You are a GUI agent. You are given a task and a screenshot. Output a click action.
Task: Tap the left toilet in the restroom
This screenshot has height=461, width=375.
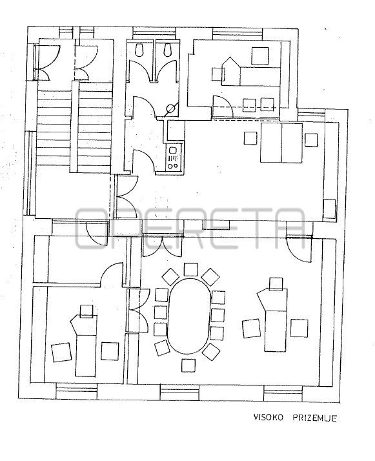(x=139, y=50)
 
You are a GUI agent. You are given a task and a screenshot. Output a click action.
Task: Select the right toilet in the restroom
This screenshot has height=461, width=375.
(x=168, y=50)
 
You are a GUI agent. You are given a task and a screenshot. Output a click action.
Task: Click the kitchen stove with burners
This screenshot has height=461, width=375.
(x=173, y=159)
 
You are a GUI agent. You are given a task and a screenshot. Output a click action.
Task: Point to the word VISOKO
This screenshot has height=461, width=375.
(x=269, y=417)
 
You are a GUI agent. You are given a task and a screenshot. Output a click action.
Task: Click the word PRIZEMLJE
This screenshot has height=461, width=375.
(x=314, y=418)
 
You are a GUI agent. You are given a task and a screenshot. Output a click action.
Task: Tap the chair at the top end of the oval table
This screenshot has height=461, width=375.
(x=190, y=270)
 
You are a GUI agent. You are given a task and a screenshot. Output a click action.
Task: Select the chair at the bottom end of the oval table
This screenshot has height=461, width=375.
(x=188, y=365)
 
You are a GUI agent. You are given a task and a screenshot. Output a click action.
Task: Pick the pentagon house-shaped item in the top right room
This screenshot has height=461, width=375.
(x=230, y=72)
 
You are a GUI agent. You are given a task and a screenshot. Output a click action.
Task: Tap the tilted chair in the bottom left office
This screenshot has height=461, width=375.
(x=61, y=353)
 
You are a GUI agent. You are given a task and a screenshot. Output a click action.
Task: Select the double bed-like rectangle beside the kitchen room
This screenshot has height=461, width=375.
(x=281, y=143)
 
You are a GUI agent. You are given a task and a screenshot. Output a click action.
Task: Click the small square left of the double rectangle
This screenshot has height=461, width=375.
(x=250, y=138)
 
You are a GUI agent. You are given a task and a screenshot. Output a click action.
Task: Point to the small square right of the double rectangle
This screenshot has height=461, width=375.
(x=311, y=140)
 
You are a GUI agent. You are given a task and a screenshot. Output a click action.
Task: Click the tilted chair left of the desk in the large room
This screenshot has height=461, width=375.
(x=251, y=329)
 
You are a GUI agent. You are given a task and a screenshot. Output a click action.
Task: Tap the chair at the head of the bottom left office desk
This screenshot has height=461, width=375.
(x=86, y=311)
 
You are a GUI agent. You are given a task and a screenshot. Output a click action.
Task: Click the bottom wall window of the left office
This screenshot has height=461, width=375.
(x=76, y=391)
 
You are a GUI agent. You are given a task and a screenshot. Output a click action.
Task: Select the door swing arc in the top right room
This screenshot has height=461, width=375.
(x=223, y=105)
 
